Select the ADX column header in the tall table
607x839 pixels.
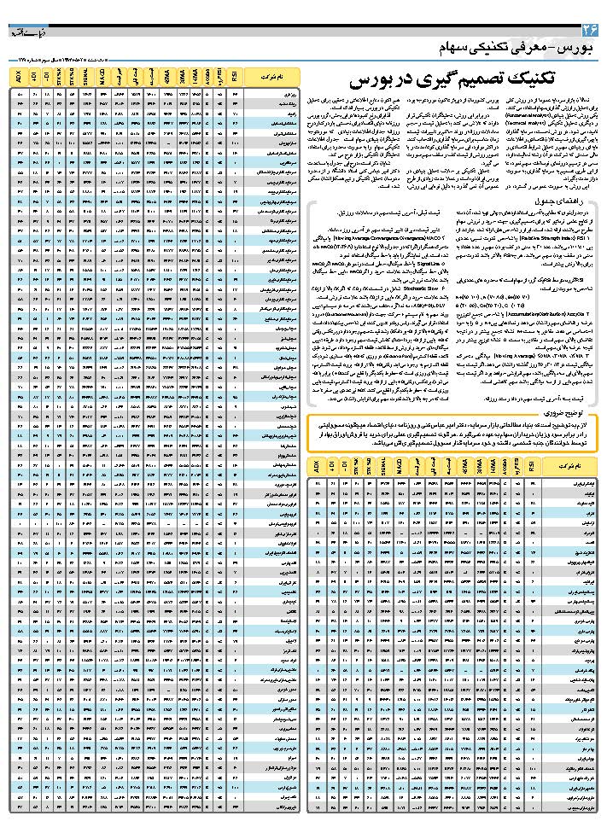[19, 78]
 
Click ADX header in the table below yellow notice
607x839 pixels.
[319, 468]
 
